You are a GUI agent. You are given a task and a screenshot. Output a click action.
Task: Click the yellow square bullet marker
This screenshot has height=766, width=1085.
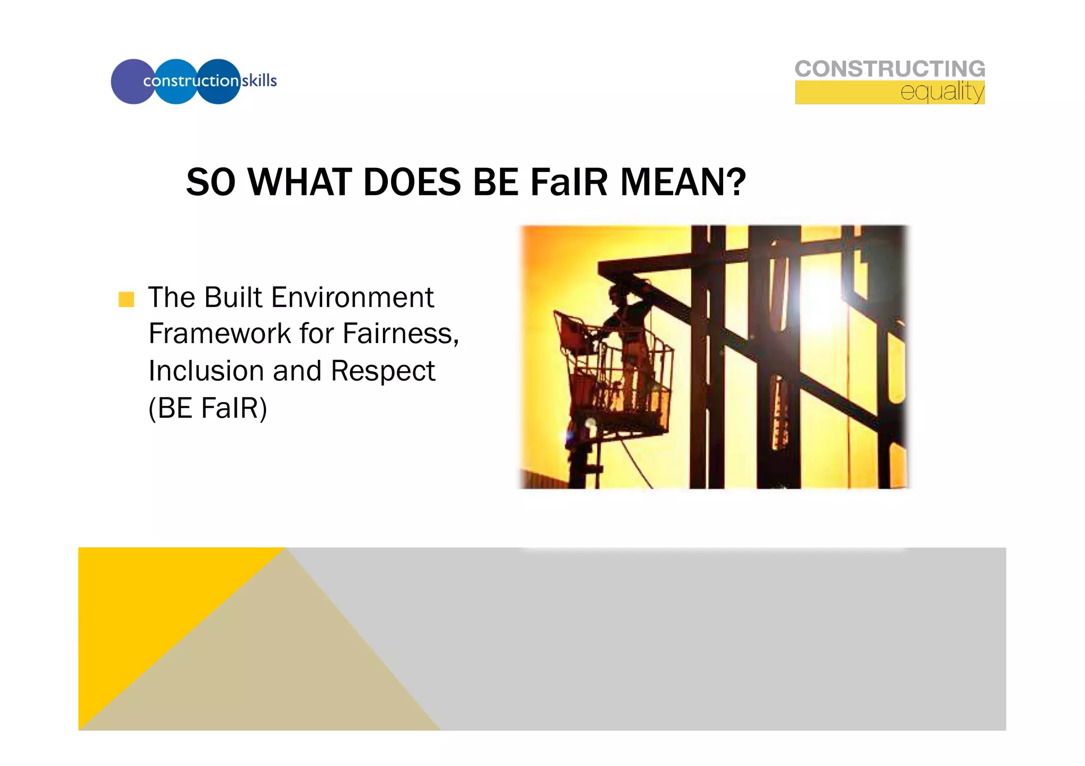point(126,300)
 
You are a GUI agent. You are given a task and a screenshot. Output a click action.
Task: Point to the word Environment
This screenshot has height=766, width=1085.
point(352,298)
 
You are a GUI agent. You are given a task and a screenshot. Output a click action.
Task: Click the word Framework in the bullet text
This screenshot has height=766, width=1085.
point(219,334)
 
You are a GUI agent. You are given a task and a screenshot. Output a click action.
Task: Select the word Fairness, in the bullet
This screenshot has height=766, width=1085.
point(401,334)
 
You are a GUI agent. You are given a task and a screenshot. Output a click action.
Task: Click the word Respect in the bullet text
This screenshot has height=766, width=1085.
point(383,371)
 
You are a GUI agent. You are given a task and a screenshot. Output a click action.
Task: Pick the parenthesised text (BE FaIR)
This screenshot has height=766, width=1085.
point(208,408)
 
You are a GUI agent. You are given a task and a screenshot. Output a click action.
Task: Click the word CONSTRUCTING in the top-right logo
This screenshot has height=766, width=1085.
point(890,69)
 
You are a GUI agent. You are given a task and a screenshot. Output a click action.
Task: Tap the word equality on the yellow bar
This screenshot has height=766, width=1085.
point(942,92)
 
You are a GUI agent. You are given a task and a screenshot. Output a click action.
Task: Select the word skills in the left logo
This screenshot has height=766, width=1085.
point(260,81)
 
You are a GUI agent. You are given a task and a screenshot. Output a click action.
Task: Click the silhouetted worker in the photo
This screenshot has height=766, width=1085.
point(630,339)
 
